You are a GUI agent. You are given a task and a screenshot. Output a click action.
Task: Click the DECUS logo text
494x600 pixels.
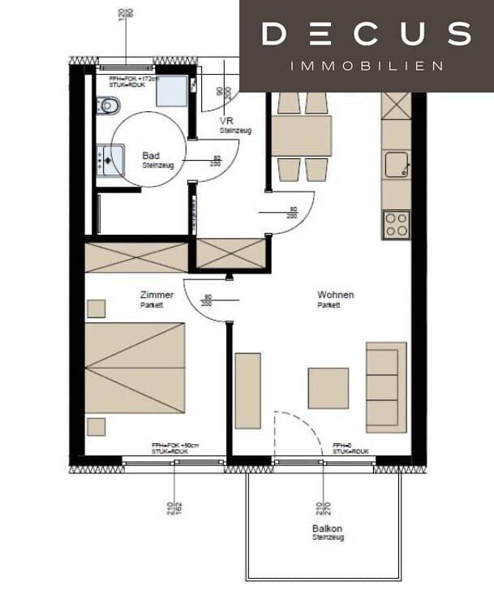click(367, 34)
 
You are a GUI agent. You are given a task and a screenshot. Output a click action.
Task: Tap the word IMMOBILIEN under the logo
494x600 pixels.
click(367, 65)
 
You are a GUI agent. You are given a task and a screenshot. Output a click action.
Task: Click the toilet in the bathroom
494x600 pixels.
click(107, 105)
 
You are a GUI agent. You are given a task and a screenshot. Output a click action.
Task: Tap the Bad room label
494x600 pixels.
click(151, 155)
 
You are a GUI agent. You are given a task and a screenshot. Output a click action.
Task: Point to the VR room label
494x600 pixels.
click(227, 123)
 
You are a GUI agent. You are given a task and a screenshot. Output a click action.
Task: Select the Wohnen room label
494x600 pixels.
click(335, 296)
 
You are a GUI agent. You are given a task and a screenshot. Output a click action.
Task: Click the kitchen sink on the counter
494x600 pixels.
click(396, 164)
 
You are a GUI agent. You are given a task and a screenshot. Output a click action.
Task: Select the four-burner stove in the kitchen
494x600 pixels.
click(396, 224)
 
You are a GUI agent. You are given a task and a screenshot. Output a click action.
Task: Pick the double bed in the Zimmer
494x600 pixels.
click(135, 368)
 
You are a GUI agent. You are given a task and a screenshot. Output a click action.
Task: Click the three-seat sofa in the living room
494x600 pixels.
click(386, 386)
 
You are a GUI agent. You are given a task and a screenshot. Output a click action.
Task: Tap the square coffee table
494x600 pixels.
click(328, 388)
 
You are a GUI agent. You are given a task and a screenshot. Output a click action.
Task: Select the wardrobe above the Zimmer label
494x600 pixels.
click(136, 257)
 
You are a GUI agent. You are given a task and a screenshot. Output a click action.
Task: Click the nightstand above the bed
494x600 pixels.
click(97, 309)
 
